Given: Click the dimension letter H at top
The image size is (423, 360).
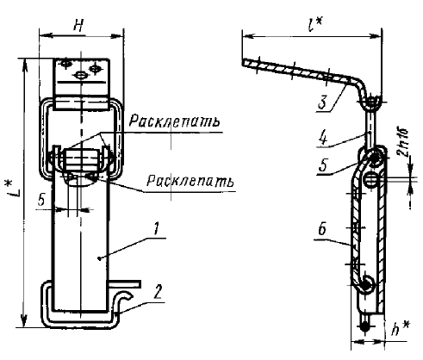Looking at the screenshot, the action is [x=78, y=26].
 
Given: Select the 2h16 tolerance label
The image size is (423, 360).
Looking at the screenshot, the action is [x=404, y=142].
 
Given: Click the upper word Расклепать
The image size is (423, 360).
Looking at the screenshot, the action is [x=175, y=121].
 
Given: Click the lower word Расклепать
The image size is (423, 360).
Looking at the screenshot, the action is [x=190, y=181].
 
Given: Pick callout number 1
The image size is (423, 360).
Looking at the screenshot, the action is [x=156, y=230].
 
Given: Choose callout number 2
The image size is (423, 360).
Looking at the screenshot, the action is [x=159, y=293].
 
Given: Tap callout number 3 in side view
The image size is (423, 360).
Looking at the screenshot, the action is [x=323, y=103].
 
